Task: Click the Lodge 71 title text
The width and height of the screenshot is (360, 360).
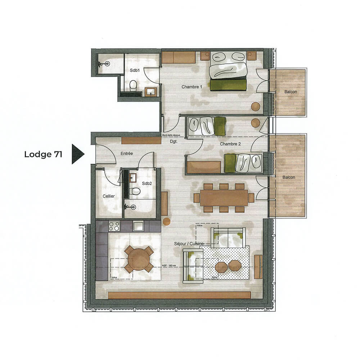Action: pos(43,154)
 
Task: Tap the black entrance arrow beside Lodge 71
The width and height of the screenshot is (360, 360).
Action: pos(77,154)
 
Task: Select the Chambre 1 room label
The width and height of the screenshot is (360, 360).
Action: pos(192,87)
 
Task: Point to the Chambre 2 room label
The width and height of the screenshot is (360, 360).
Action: pos(230,144)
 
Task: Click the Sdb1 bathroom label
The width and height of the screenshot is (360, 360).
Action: pos(135,71)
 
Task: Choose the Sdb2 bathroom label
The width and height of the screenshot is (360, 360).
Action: pos(147,183)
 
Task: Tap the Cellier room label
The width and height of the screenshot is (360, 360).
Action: pos(108,196)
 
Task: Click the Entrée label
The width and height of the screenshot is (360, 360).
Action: pos(127,153)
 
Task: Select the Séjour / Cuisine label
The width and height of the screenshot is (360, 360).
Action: pos(189,244)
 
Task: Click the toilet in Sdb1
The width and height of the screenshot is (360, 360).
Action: pos(133,86)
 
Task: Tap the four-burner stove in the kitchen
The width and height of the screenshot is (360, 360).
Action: pos(114,226)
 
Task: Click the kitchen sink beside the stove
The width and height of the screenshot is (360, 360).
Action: pos(139,226)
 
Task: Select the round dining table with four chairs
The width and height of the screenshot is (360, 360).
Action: pos(138,258)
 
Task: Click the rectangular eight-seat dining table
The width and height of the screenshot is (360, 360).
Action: pos(224,198)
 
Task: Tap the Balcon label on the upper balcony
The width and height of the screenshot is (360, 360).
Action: pos(291,92)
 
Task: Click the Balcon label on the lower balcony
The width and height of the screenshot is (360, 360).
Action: pos(289,177)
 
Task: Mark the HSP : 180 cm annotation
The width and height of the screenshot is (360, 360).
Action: pos(169,266)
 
